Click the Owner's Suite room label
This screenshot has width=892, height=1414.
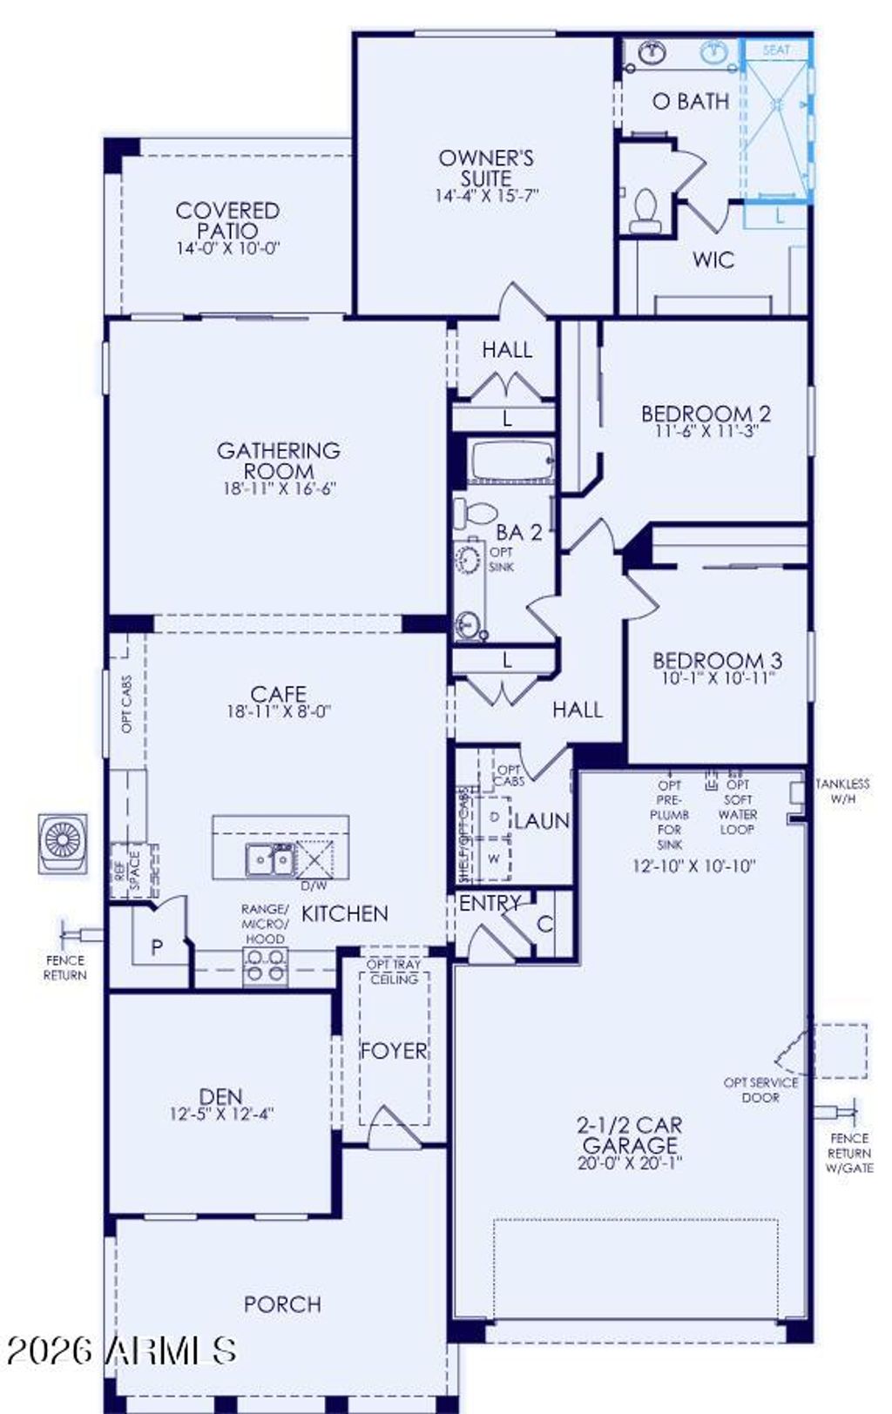coord(486,168)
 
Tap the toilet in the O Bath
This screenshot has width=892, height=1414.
coord(645,212)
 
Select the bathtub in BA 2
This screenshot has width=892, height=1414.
coord(511,461)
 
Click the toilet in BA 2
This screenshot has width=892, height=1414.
coord(474,512)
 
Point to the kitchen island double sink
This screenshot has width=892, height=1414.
coord(269,859)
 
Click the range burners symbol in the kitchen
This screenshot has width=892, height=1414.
coord(265,966)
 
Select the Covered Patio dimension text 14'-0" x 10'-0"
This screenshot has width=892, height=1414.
coord(227,248)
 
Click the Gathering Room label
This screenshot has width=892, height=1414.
coord(279,460)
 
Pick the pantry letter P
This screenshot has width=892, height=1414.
coord(157,946)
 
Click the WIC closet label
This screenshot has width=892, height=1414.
coord(713,259)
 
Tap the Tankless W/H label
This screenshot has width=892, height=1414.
coord(842,791)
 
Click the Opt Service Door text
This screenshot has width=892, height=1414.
coord(760,1089)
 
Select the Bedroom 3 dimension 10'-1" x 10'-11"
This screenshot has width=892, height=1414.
coord(717,678)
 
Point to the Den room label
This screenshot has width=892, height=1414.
coord(221,1096)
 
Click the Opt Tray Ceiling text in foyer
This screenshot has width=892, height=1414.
coord(394,972)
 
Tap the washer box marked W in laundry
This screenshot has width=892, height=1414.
coord(494,858)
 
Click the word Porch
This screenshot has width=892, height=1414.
coord(282,1303)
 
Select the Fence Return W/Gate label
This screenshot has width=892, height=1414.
coord(849,1153)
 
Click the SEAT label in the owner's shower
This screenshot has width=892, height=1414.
coord(775,50)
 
